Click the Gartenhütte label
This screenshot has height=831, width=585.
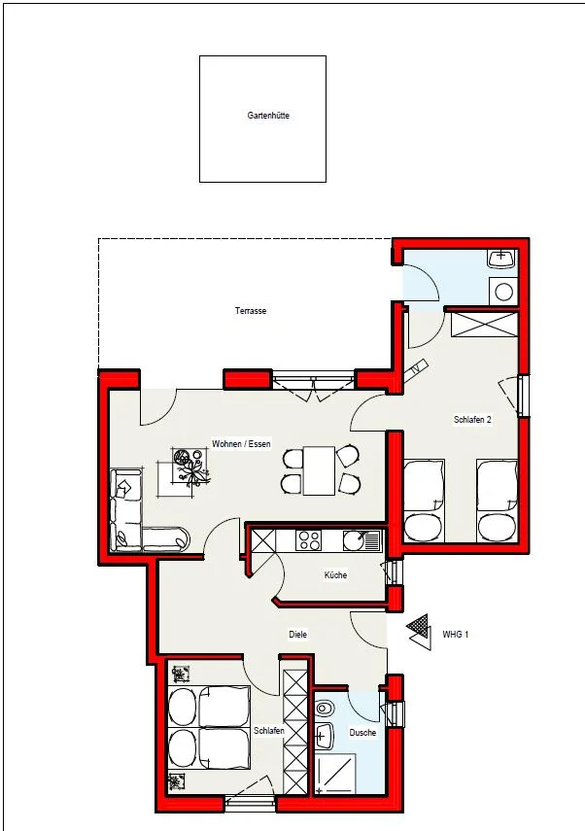[268, 116]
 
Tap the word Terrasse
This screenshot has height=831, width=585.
[251, 311]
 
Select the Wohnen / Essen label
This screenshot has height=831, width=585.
[241, 443]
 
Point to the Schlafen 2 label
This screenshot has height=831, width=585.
[472, 420]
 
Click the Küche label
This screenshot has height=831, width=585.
[335, 575]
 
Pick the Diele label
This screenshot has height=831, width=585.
[297, 635]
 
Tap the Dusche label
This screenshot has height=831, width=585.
[362, 733]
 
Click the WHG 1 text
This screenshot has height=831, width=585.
[456, 635]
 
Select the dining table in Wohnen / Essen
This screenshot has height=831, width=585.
[319, 470]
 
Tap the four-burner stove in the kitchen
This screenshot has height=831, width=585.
[309, 540]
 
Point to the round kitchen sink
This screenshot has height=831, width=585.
[353, 540]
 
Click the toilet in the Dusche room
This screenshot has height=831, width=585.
[324, 708]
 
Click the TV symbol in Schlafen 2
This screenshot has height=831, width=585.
[418, 368]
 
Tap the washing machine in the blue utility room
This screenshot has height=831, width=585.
[503, 292]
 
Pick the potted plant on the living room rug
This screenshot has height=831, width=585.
[190, 467]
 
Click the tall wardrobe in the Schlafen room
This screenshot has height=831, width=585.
[295, 732]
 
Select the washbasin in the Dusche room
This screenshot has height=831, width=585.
[324, 735]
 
